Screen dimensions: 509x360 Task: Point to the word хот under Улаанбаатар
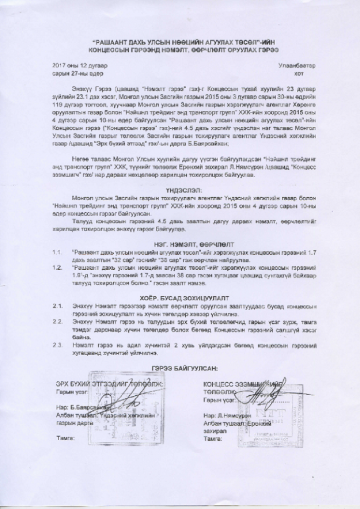point(299,73)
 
